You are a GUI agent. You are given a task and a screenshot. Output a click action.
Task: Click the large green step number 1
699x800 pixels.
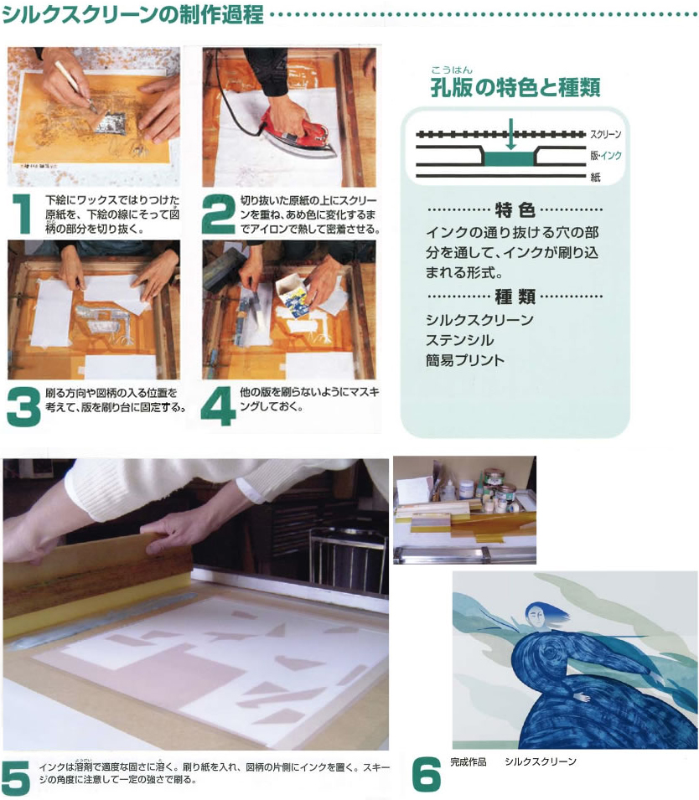tap(22, 214)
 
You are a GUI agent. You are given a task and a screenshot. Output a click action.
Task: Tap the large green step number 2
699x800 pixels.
tap(218, 214)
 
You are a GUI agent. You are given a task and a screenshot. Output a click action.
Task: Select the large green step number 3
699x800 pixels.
tap(23, 406)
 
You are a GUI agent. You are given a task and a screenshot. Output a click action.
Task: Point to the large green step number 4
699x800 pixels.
tap(218, 406)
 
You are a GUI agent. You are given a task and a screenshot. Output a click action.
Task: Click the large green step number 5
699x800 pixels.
tap(16, 777)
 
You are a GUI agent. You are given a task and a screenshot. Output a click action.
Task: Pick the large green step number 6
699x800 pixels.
tap(427, 774)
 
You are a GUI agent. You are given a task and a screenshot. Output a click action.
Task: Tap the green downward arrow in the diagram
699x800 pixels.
tap(510, 134)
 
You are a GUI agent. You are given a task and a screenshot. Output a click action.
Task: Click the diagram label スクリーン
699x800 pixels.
tap(606, 134)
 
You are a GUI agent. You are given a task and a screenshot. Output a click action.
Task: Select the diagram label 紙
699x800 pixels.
tap(595, 177)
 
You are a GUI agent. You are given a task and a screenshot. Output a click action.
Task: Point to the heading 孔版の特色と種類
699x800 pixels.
tap(515, 87)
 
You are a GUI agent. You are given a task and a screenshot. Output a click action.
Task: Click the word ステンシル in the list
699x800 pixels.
tap(460, 340)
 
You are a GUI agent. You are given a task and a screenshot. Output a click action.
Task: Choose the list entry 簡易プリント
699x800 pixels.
tap(465, 360)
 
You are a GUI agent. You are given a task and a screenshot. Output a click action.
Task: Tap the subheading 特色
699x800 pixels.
tap(515, 209)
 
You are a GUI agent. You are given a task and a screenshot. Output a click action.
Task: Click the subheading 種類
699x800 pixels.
tap(515, 296)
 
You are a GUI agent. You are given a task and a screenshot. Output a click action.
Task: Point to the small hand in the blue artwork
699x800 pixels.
tap(581, 696)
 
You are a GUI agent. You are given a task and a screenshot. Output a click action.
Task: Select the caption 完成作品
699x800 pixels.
tap(469, 761)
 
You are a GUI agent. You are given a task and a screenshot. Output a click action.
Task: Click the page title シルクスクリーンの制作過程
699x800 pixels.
tap(132, 13)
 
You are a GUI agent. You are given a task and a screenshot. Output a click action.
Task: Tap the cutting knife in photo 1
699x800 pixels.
tap(76, 86)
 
